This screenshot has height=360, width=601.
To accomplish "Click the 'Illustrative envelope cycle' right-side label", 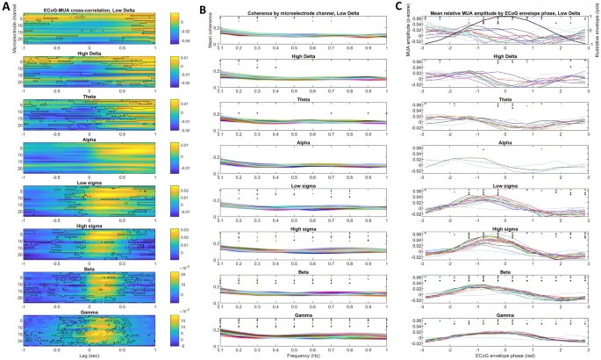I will click(597, 30).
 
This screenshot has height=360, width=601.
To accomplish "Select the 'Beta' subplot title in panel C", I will click(497, 272).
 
